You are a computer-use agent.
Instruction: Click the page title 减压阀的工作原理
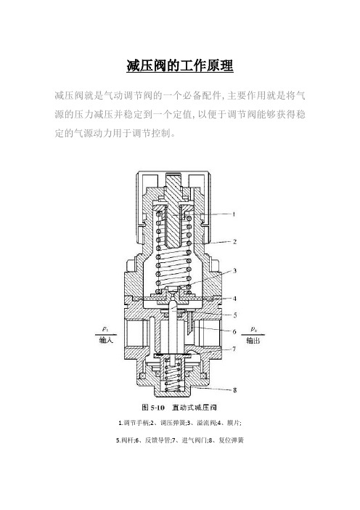[180, 65]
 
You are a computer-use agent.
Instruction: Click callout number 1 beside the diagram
[234, 214]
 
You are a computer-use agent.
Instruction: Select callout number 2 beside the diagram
[234, 242]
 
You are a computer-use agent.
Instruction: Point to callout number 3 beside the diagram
[234, 270]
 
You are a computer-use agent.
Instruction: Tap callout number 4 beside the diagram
[234, 299]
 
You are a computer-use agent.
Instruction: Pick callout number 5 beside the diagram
[234, 315]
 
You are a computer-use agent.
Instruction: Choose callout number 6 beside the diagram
[234, 332]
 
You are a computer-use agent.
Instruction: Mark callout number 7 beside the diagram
[234, 349]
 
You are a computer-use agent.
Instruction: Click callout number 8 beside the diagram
[234, 389]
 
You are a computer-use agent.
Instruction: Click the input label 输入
[106, 341]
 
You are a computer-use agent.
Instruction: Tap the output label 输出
[253, 341]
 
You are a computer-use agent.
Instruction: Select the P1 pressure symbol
[105, 329]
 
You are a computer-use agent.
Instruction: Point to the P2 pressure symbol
[254, 329]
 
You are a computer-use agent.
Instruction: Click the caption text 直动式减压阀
[195, 408]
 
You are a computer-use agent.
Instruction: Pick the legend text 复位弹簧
[232, 440]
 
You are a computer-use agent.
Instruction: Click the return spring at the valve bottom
[172, 374]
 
